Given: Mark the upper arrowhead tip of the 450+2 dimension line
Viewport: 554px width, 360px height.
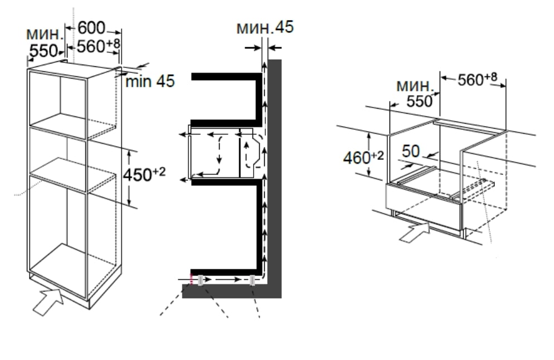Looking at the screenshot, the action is (129, 150).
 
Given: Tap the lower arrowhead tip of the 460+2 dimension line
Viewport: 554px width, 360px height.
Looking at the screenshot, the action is (368, 177).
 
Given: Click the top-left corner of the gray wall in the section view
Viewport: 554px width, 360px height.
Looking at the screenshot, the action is (268, 60).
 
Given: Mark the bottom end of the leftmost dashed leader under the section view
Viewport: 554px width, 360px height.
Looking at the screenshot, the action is (160, 315).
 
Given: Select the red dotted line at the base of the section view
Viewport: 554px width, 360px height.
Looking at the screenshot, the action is (192, 279).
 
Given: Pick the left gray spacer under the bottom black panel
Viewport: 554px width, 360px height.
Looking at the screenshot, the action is (200, 280).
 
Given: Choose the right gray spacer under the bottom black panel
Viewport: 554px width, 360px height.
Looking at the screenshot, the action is (252, 280).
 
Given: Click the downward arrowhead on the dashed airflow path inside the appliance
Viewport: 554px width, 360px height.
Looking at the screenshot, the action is (220, 161).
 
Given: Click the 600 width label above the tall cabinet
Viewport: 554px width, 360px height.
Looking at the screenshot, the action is (91, 28).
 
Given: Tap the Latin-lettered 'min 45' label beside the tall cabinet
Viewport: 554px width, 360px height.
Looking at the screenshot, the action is (150, 81).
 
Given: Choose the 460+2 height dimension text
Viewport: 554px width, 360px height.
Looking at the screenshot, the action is (363, 157).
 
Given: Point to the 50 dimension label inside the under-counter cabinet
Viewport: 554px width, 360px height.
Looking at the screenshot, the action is (411, 151).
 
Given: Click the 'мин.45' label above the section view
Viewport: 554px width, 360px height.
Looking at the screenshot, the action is (265, 27).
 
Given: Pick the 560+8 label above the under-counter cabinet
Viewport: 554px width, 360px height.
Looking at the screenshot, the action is (477, 80).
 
